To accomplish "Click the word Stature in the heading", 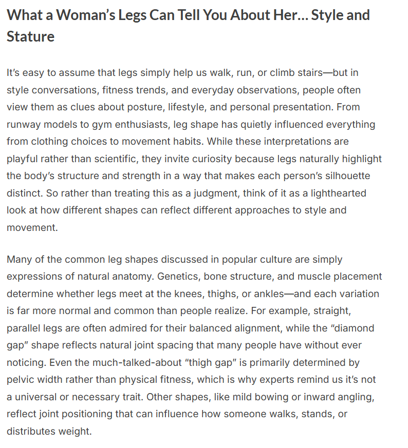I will (x=30, y=36).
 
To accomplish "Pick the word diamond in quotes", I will (x=351, y=328).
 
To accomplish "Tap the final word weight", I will (x=77, y=432).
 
